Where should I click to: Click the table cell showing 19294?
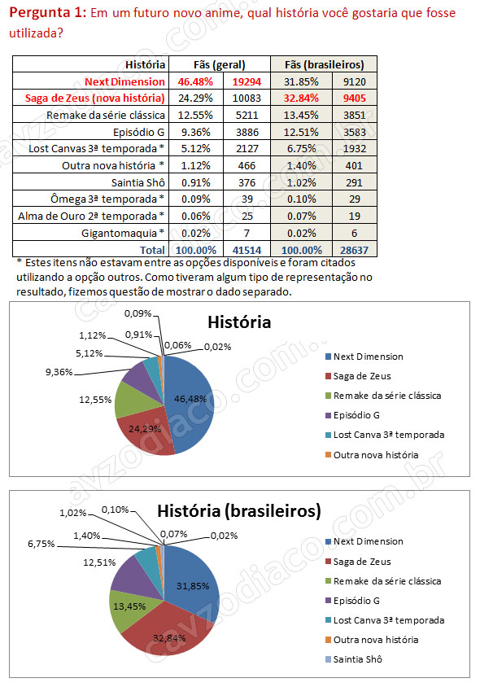247,81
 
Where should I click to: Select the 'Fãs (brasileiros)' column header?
324,65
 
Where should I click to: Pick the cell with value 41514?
247,250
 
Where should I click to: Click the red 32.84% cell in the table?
301,98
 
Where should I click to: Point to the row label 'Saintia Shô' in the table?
138,182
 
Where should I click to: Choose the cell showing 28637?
355,250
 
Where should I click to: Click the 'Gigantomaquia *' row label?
123,233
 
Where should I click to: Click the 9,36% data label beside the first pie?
59,373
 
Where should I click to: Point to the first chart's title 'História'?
239,322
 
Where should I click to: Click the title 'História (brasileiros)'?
239,511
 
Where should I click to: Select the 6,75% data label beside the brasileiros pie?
41,544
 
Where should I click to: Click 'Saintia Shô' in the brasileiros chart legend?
357,659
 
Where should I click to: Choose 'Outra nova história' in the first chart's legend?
376,455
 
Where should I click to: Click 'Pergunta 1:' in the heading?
48,12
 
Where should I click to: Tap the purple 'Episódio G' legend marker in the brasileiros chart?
328,601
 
